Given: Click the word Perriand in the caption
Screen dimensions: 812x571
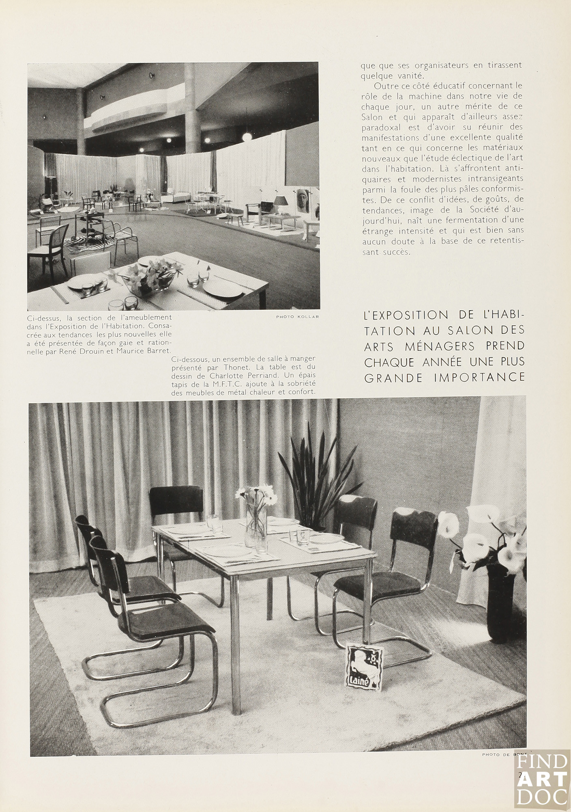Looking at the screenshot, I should pos(273,375).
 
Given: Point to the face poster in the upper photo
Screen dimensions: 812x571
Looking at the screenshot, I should pos(305,205).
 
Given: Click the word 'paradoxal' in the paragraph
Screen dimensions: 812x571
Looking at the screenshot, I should pos(380,127).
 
